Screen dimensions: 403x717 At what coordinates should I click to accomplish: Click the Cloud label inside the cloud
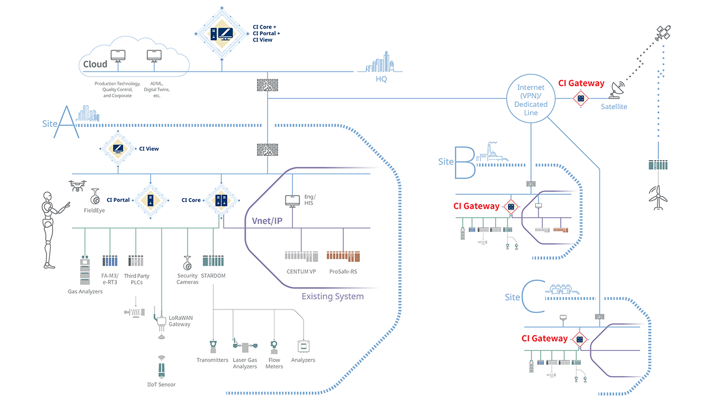(95, 64)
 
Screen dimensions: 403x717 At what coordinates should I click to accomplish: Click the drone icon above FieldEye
(78, 185)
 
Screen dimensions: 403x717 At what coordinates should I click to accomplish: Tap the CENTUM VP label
(301, 271)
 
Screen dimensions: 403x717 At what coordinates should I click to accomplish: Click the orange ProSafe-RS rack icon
(342, 256)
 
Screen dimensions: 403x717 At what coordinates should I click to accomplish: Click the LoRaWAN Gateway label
(180, 321)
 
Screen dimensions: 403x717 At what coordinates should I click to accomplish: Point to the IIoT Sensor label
(161, 385)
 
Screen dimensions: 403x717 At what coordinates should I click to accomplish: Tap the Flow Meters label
(274, 363)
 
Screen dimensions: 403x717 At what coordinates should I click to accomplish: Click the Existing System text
(332, 296)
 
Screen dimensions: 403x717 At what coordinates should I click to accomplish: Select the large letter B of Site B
(464, 163)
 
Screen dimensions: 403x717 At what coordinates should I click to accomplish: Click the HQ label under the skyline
(381, 79)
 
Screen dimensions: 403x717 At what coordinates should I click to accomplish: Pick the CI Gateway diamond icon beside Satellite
(580, 99)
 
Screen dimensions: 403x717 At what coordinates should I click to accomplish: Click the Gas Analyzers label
(85, 292)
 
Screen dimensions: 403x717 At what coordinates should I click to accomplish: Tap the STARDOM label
(213, 275)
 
